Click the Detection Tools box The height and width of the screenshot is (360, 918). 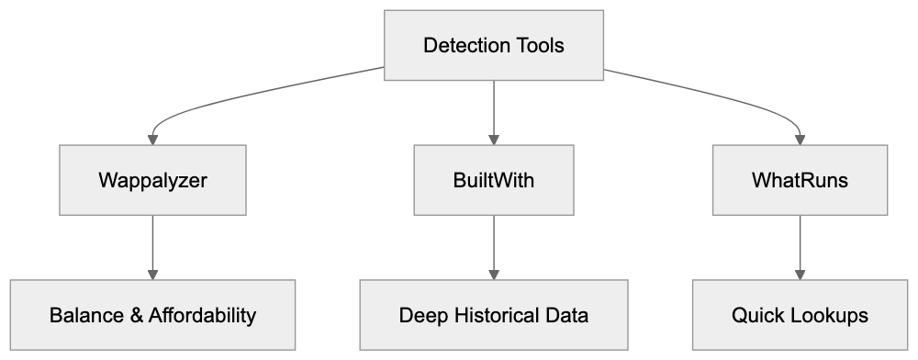[494, 45]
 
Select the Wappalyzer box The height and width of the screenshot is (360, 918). [152, 180]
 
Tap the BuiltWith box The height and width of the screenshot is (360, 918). [494, 180]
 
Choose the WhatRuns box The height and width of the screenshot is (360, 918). [800, 180]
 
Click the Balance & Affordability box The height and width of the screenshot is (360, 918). [152, 315]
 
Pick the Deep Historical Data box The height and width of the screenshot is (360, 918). [494, 315]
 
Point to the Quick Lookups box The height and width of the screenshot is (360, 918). [800, 315]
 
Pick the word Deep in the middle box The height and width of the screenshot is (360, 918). [420, 316]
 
